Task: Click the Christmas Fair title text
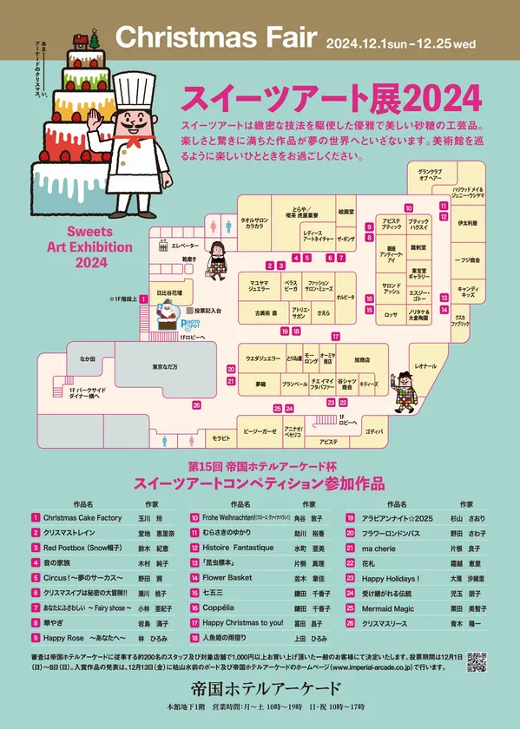tap(216, 37)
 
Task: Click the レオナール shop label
tap(425, 366)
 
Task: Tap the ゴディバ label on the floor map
tap(373, 430)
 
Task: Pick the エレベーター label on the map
tap(185, 246)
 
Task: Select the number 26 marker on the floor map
tap(197, 405)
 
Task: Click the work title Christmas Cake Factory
tap(82, 517)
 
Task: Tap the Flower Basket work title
tap(227, 578)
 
